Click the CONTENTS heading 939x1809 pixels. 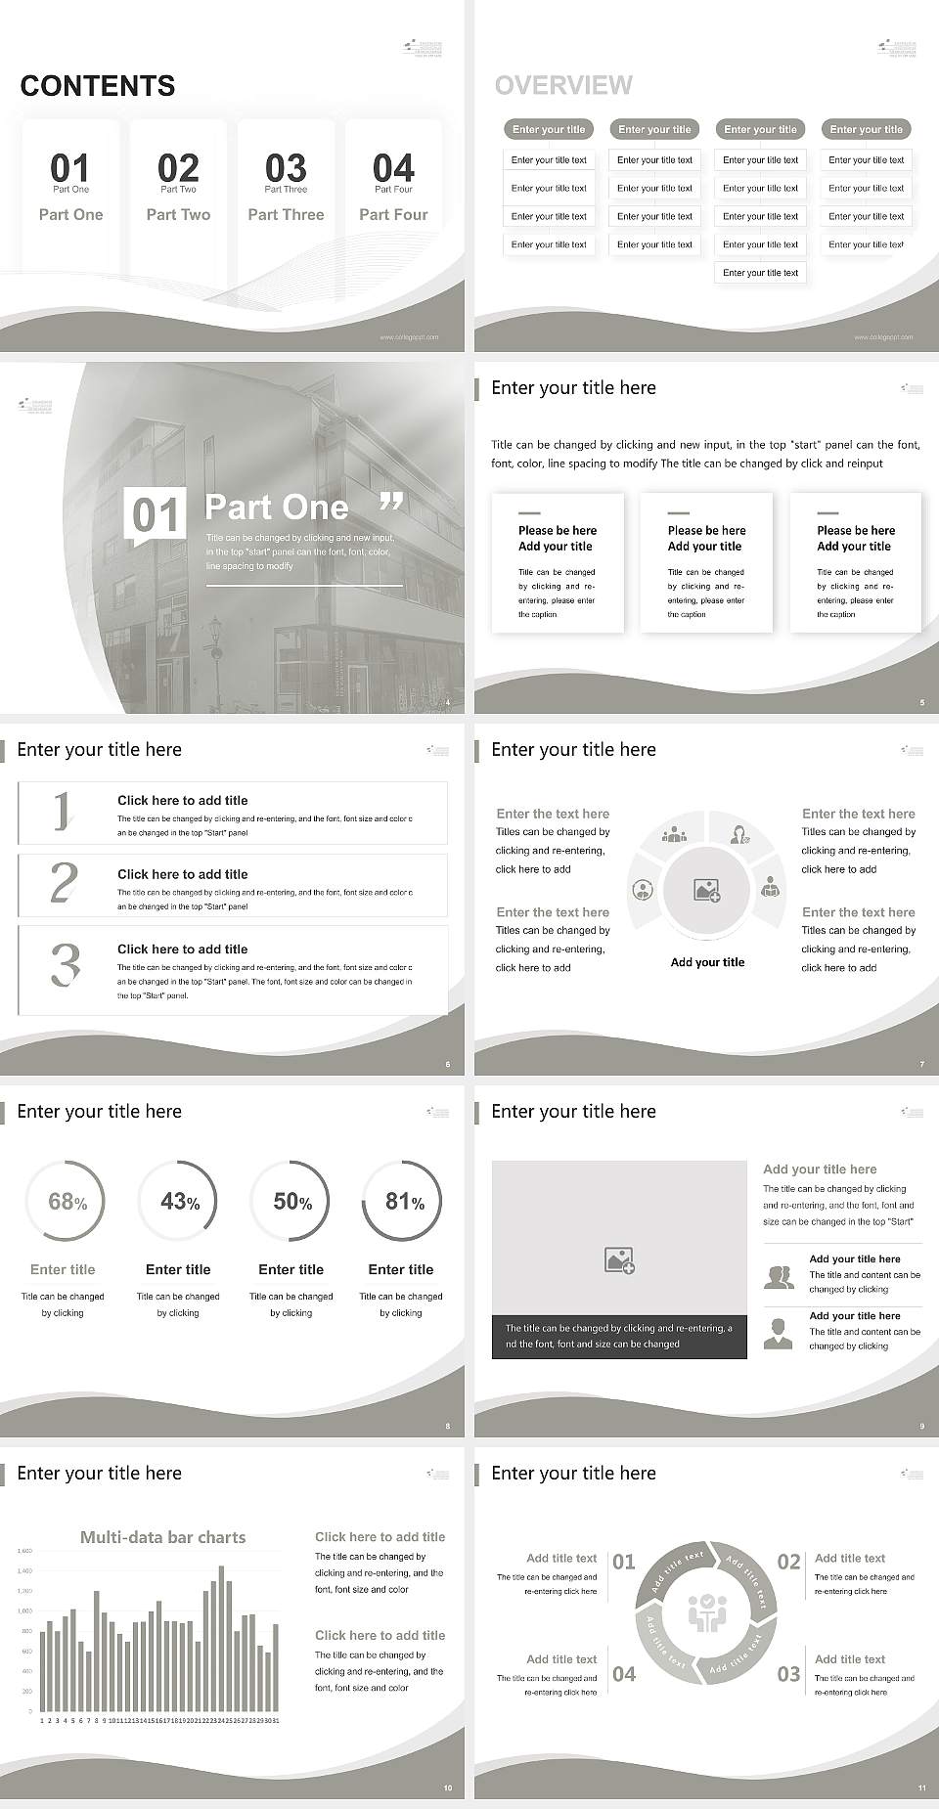98,86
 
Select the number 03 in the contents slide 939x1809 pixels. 286,167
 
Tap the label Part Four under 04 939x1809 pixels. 393,214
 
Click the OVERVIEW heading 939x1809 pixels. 563,86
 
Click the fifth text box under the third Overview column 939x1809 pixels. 760,273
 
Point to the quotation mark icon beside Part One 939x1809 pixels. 390,503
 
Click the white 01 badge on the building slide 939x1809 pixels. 156,514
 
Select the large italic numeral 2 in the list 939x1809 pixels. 64,883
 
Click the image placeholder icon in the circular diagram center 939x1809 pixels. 706,890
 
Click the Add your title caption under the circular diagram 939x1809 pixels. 707,962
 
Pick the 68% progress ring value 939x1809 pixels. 67,1202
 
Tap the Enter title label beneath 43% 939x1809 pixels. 178,1269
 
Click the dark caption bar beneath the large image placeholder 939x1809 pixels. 619,1337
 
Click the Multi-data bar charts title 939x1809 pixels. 162,1537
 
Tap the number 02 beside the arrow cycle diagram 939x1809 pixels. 788,1562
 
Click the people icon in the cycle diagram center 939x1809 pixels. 706,1613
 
